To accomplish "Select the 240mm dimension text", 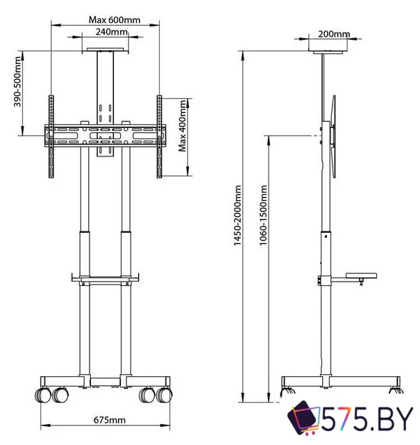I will coord(111,32).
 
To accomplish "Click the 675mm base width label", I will coord(110,419).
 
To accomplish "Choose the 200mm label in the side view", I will coord(333,34).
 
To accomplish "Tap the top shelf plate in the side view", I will coord(328,51).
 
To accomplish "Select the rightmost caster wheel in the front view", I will coord(165,395).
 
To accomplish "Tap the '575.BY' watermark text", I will coord(368,421).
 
